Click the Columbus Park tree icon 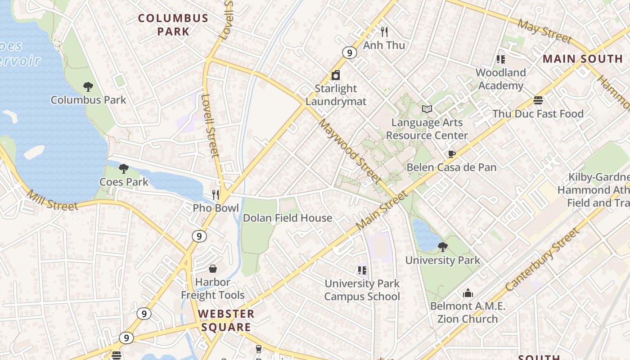[x=88, y=86]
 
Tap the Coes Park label [x=124, y=182]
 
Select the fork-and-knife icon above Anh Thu [x=384, y=31]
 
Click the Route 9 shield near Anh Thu [x=349, y=53]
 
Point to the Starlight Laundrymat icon [x=335, y=75]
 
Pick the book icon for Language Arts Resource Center [x=427, y=109]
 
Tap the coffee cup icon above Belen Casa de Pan [x=451, y=154]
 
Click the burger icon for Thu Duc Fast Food [x=538, y=100]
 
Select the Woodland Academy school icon [x=500, y=59]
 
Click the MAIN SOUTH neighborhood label [x=582, y=59]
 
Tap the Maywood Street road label [x=349, y=151]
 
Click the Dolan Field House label [x=287, y=218]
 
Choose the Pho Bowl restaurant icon [x=216, y=194]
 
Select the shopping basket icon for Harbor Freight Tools [x=212, y=269]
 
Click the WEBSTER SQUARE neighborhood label [x=226, y=320]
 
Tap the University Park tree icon [x=442, y=247]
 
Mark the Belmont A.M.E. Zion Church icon [x=468, y=293]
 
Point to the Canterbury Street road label [x=542, y=260]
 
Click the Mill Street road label [x=53, y=200]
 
